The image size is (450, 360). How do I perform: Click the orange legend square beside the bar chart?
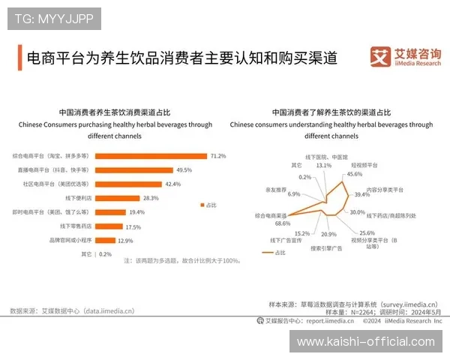(x=202, y=205)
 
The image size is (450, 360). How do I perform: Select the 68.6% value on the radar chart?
(x=282, y=223)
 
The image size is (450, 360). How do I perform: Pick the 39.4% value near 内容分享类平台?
(x=362, y=194)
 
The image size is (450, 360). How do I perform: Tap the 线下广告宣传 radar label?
(x=285, y=241)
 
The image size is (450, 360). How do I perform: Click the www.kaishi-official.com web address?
(x=366, y=342)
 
